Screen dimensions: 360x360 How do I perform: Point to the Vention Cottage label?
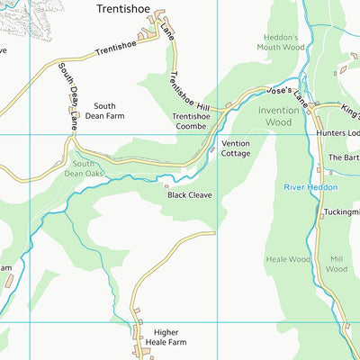[236, 148]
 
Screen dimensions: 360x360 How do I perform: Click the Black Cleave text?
[189, 193]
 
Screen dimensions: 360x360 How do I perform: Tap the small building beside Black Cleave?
[166, 187]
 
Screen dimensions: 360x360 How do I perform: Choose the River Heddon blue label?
[310, 187]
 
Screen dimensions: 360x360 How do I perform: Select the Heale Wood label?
[288, 259]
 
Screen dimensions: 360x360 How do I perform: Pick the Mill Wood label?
[337, 263]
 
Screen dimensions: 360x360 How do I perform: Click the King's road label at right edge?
[349, 107]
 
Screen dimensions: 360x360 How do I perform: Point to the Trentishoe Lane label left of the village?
[115, 49]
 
